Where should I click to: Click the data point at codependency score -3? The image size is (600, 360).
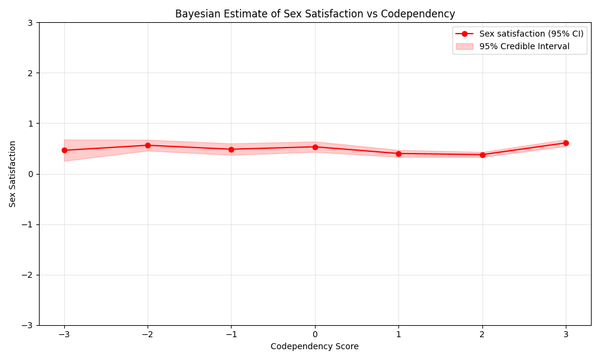click(64, 150)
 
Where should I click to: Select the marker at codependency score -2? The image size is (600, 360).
click(148, 145)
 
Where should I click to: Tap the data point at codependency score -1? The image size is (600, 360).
click(231, 149)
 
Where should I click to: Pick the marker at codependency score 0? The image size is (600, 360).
click(315, 147)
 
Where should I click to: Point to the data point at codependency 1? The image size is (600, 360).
click(398, 154)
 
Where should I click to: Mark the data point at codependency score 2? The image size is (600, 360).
click(482, 155)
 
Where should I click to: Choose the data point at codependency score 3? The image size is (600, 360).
click(566, 143)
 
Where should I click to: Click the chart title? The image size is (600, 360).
click(315, 14)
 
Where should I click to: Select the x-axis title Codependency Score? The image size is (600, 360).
click(314, 346)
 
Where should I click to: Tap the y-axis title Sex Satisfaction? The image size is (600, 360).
click(13, 174)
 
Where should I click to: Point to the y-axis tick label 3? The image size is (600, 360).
click(31, 23)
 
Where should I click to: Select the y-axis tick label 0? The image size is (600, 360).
click(31, 174)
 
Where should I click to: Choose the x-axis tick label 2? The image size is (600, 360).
click(482, 334)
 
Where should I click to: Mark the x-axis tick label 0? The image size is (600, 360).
click(315, 334)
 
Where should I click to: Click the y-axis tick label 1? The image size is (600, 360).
click(31, 124)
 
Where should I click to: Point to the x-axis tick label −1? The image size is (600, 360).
click(231, 334)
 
